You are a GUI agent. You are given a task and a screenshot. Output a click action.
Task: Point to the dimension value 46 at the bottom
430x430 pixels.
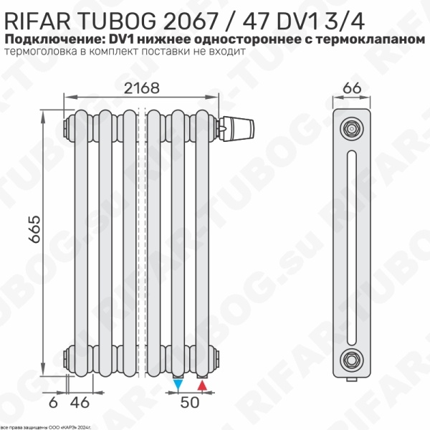[x=83, y=402]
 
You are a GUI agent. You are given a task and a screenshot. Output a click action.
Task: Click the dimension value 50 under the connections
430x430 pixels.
[x=189, y=402]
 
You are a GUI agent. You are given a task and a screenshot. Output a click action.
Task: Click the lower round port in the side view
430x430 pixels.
[x=350, y=358]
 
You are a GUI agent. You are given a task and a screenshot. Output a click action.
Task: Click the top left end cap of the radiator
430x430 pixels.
[x=69, y=128]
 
